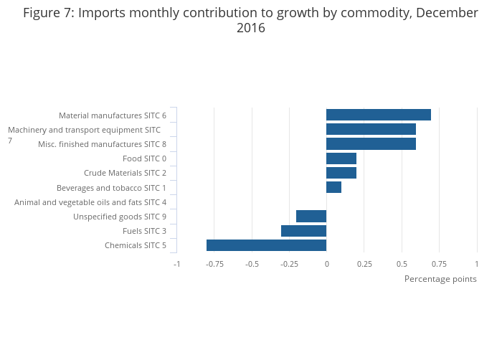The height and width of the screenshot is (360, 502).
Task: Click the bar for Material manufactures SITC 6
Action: click(378, 115)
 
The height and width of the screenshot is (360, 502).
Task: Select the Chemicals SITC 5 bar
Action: click(266, 245)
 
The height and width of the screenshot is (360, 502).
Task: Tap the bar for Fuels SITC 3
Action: click(303, 231)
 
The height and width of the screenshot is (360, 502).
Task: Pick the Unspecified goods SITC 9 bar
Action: click(311, 217)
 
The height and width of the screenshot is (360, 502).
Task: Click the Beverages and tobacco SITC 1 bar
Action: click(333, 187)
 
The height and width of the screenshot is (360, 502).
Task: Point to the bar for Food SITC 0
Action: click(341, 158)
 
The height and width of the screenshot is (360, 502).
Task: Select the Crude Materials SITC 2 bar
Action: click(341, 173)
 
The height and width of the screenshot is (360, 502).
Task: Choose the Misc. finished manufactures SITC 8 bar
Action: click(371, 144)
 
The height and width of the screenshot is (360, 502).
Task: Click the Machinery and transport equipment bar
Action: click(371, 129)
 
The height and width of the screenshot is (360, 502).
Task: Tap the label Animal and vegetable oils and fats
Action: click(90, 202)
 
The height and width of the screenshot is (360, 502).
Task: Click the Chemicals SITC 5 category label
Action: click(136, 246)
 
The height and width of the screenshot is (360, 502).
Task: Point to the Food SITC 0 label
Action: click(144, 158)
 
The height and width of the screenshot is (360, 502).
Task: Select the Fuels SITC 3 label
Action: click(144, 231)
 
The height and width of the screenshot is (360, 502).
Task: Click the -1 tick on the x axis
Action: click(176, 264)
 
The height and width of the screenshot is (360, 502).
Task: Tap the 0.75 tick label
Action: click(439, 264)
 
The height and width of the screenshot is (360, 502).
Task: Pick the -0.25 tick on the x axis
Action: click(289, 264)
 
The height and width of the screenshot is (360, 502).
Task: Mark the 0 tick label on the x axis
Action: click(326, 264)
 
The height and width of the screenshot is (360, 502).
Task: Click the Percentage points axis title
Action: click(440, 279)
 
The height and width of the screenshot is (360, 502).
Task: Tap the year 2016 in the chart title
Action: click(251, 29)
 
